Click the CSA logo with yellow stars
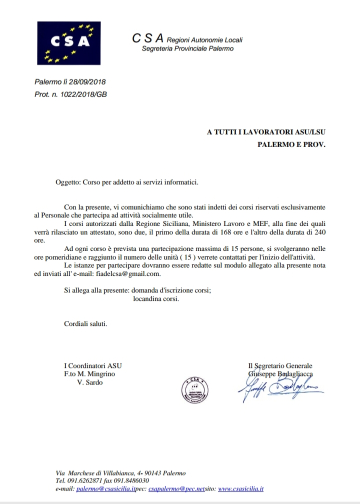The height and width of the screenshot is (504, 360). pos(68,43)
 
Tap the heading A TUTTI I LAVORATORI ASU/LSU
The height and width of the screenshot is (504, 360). pos(266,133)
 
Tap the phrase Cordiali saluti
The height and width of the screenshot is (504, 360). pos(85,323)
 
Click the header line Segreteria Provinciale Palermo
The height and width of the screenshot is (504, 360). pos(187,49)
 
